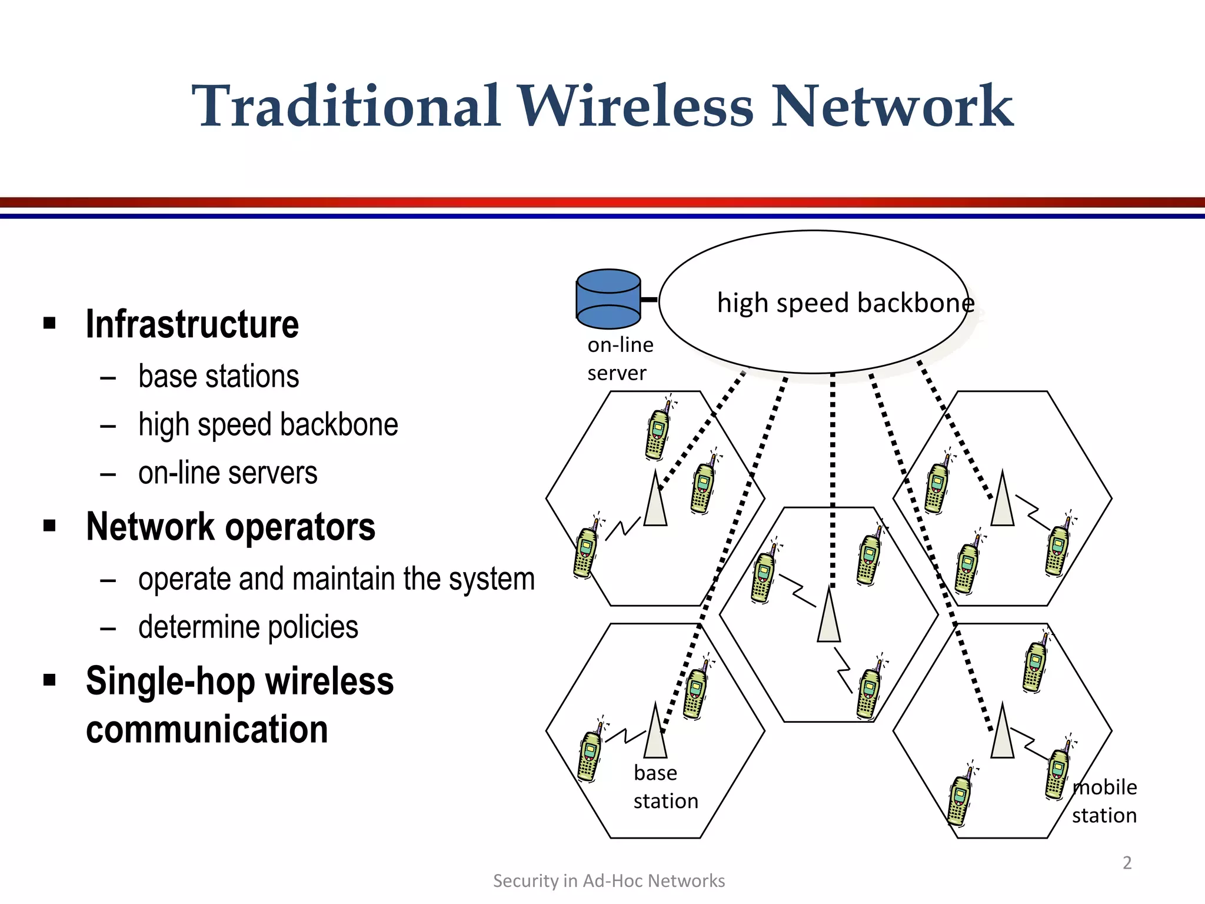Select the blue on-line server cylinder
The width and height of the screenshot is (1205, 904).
[x=608, y=299]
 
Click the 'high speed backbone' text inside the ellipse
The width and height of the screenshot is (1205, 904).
[x=846, y=303]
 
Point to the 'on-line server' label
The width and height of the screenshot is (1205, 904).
[x=620, y=358]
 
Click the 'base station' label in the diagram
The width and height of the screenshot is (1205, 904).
[x=665, y=787]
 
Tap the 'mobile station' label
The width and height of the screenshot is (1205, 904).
[x=1104, y=801]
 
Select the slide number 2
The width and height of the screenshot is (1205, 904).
[x=1127, y=863]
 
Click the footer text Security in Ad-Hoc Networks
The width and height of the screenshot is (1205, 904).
[x=608, y=880]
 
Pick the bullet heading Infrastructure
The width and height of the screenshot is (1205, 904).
[x=192, y=324]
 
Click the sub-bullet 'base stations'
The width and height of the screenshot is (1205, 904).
[x=218, y=377]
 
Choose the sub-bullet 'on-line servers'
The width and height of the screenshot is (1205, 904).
[x=228, y=473]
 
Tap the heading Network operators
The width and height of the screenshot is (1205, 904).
[x=230, y=527]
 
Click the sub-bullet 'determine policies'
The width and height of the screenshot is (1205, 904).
[x=248, y=627]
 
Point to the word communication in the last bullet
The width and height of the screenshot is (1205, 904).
[x=207, y=730]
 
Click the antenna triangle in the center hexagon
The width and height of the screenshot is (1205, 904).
[x=828, y=618]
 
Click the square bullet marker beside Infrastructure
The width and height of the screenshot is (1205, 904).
[x=49, y=323]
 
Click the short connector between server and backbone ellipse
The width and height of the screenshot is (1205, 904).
[x=649, y=300]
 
